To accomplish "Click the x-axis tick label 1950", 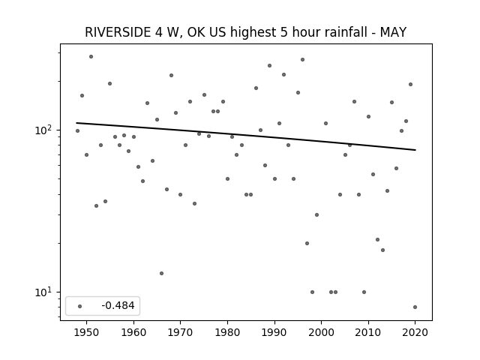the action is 87,332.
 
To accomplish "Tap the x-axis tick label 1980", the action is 227,332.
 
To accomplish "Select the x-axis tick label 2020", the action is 415,332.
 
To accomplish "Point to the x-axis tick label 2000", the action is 322,332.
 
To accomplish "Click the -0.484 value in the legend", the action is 118,305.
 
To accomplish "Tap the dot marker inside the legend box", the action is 80,306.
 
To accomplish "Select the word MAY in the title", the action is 393,32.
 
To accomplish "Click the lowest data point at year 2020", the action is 415,307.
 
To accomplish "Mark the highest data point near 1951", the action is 91,57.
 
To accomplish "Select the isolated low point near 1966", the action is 162,273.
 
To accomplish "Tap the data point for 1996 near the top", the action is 302,60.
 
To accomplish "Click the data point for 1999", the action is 316,215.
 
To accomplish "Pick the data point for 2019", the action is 410,85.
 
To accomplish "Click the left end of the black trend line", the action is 76,123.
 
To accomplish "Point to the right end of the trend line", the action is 415,150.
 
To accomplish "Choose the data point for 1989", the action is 270,65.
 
